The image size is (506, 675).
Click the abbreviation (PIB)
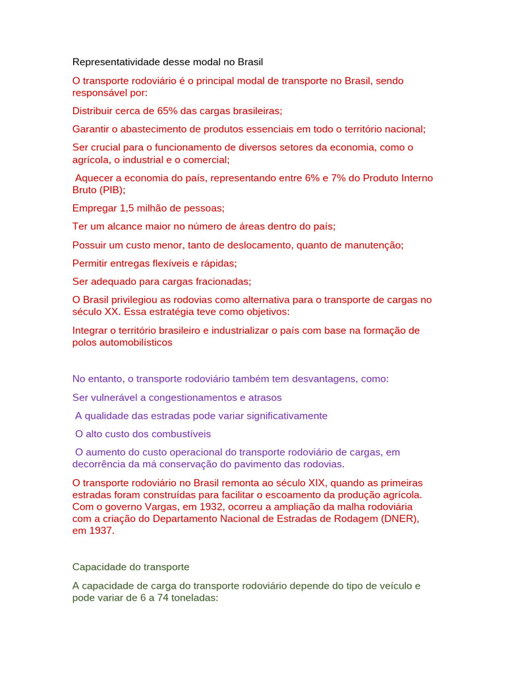point(111,190)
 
